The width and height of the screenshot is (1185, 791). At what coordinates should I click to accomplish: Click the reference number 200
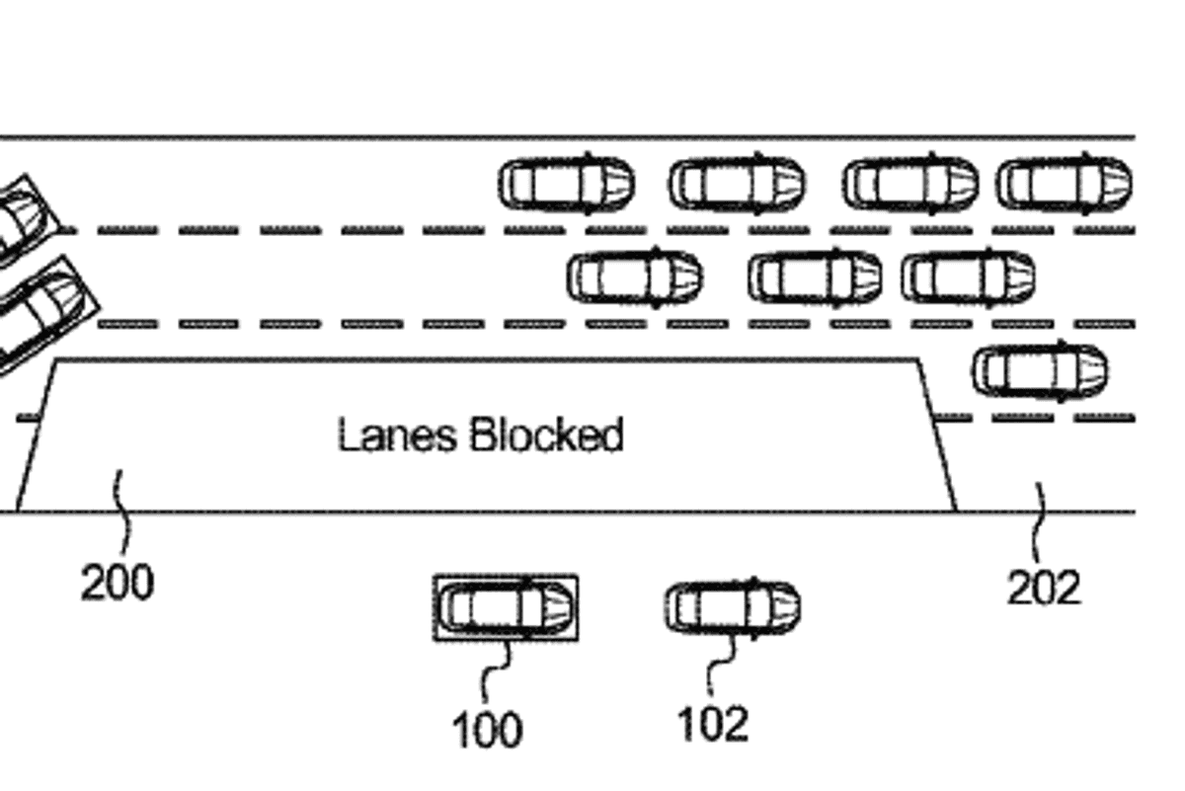click(118, 583)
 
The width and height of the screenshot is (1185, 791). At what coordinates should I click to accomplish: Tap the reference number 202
click(1044, 589)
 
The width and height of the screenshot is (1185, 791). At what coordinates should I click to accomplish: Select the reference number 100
click(487, 731)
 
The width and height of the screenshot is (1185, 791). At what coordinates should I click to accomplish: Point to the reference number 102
click(713, 724)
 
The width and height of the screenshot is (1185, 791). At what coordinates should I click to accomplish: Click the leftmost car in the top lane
click(567, 185)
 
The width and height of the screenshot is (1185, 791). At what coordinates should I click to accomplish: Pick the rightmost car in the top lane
click(1064, 185)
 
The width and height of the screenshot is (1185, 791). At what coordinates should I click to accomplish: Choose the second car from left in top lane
click(737, 185)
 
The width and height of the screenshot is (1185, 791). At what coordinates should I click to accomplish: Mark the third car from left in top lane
click(909, 185)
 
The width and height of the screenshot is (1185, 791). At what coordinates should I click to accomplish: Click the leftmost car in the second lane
click(635, 277)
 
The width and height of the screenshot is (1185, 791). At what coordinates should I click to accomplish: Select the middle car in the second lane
click(815, 277)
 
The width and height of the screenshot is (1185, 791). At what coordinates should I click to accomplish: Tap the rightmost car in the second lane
click(968, 277)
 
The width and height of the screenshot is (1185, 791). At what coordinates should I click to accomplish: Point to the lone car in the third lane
click(1040, 371)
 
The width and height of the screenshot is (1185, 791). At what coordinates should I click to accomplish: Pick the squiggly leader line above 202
click(1040, 523)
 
